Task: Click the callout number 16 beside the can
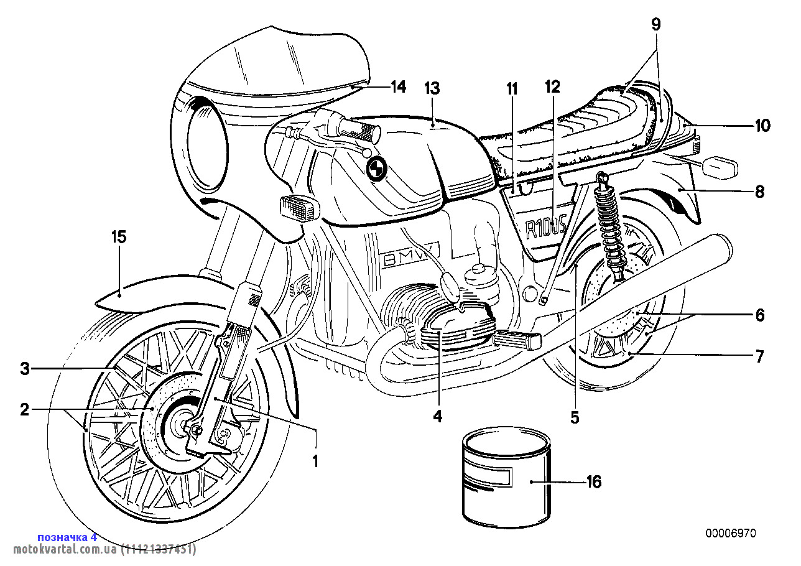(x=593, y=482)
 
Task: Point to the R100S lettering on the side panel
(x=545, y=228)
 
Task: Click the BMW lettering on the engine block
(x=410, y=256)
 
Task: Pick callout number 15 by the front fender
(x=119, y=237)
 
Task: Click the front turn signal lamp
(x=300, y=207)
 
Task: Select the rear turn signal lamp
(x=720, y=167)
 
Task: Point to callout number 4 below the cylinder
(x=438, y=415)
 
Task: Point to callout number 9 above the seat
(x=656, y=24)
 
